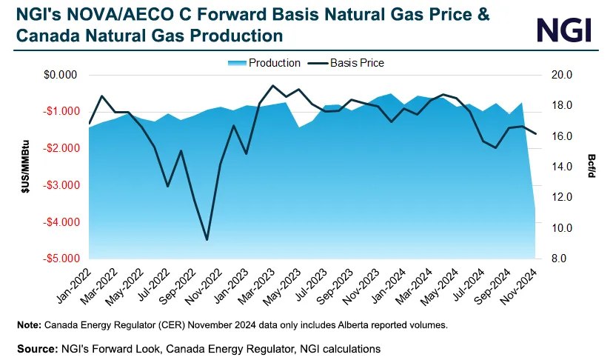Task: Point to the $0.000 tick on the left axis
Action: coord(61,75)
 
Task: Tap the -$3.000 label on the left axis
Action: coord(61,185)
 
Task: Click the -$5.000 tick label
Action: coord(61,259)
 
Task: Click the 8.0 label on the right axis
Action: coord(555,259)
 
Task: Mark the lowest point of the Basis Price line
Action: coord(207,239)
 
